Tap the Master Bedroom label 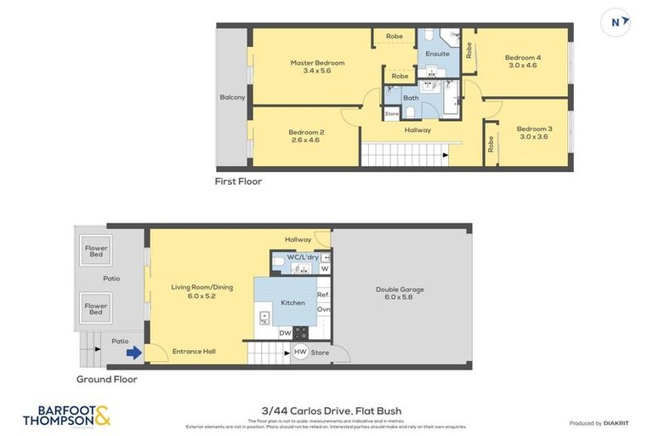tap(317, 66)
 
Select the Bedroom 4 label tap(523, 60)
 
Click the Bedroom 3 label tap(534, 132)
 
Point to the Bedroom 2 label tap(305, 135)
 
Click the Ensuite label tap(437, 54)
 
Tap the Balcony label tap(232, 97)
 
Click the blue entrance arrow tap(133, 351)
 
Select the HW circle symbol tap(300, 352)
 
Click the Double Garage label tap(400, 294)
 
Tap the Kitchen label tap(292, 302)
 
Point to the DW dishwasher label tap(285, 333)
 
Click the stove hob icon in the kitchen tap(300, 333)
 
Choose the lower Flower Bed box tap(95, 307)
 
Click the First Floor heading tap(239, 181)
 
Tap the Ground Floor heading tap(107, 379)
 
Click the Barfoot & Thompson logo tap(66, 416)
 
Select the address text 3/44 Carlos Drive tap(332, 411)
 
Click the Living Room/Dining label tap(201, 291)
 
